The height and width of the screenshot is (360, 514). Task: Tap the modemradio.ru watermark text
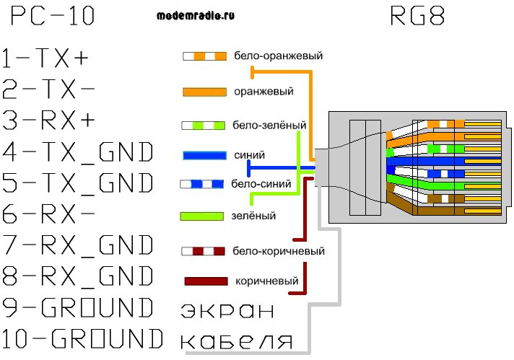pyautogui.click(x=195, y=15)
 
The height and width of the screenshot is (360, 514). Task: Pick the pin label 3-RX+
pyautogui.click(x=49, y=120)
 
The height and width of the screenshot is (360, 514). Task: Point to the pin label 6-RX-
pyautogui.click(x=49, y=214)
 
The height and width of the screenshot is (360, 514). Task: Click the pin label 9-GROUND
pyautogui.click(x=79, y=308)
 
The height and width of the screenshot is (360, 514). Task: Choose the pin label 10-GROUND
pyautogui.click(x=82, y=339)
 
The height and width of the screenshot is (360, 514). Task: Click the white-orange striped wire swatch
pyautogui.click(x=205, y=56)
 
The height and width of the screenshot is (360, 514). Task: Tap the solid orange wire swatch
pyautogui.click(x=205, y=92)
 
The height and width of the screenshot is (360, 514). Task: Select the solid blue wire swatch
pyautogui.click(x=205, y=154)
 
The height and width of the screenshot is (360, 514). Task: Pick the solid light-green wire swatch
pyautogui.click(x=205, y=215)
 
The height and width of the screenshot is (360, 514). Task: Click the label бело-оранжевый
pyautogui.click(x=278, y=56)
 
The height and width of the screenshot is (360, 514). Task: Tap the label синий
pyautogui.click(x=250, y=154)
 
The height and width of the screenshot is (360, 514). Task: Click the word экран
pyautogui.click(x=227, y=311)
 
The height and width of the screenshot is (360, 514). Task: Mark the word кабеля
pyautogui.click(x=235, y=341)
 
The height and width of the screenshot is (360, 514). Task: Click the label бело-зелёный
pyautogui.click(x=269, y=125)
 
